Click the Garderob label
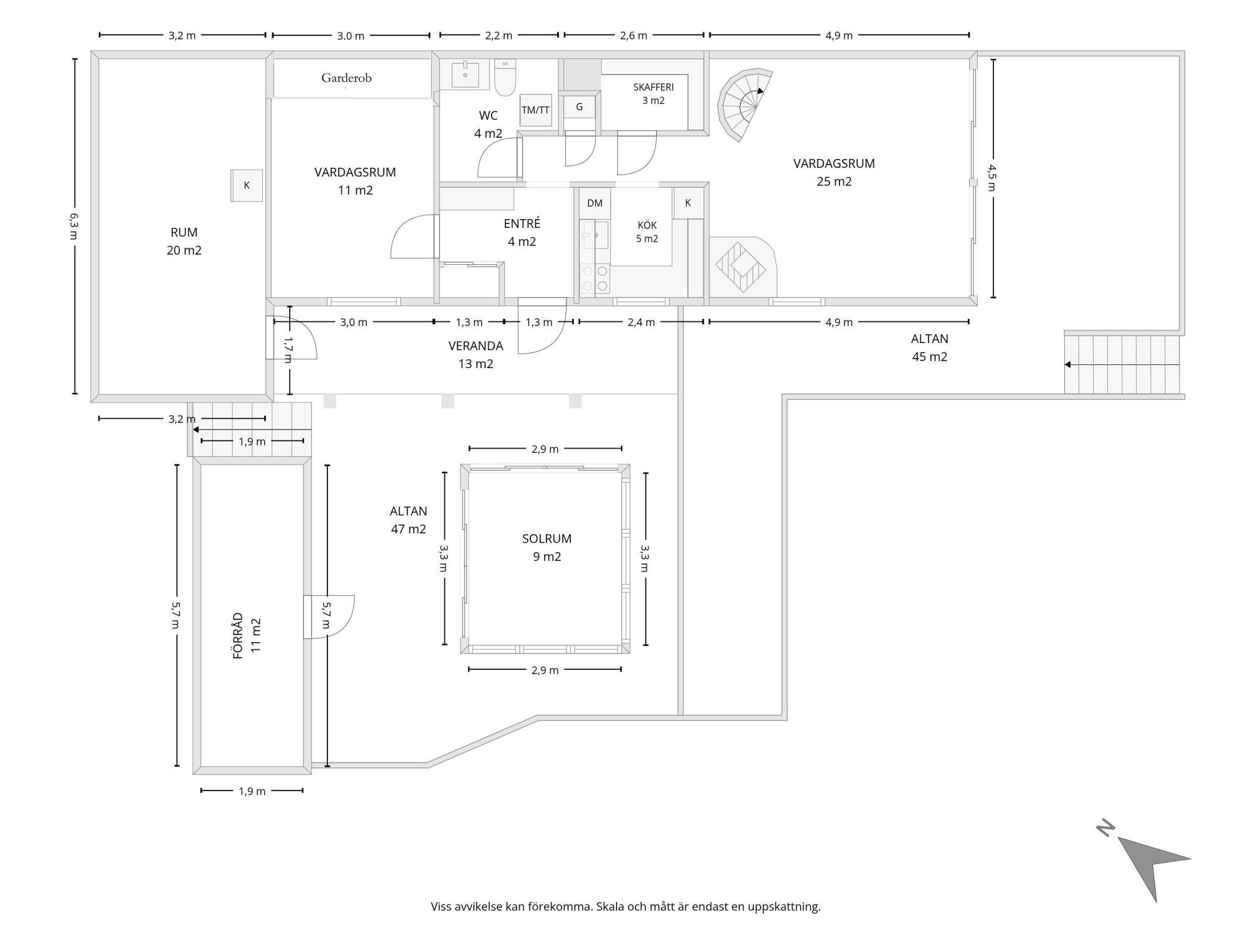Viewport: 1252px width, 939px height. pos(346,78)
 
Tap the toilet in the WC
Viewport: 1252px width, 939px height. pos(505,77)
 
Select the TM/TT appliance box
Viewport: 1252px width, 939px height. pos(535,110)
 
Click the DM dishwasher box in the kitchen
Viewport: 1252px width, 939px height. pos(595,203)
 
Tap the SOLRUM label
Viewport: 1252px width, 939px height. pos(546,538)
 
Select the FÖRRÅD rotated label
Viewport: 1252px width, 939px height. pos(238,635)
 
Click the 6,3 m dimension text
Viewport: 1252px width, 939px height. pos(74,226)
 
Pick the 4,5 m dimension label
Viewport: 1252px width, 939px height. pos(992,177)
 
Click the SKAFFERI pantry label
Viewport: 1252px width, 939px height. pos(653,88)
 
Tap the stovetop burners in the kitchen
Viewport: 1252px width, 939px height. pos(595,279)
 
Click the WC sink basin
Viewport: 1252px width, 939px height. pos(465,74)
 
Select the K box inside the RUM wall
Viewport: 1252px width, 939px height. pos(247,185)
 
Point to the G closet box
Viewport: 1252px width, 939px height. pos(579,107)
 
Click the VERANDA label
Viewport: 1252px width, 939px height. pos(476,346)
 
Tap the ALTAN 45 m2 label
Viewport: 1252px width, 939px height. pos(929,347)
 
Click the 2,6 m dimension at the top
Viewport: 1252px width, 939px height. pos(634,36)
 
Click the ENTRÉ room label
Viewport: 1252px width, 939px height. pos(522,223)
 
